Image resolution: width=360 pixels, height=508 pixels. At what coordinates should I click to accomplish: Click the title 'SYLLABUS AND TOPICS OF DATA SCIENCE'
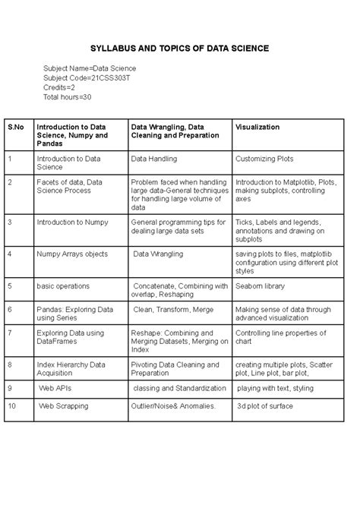179,48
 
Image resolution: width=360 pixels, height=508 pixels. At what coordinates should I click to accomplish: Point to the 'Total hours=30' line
68,97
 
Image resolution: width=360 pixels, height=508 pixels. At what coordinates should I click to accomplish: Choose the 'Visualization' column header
257,127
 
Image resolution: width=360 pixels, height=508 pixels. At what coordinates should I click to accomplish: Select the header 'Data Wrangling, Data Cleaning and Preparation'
175,131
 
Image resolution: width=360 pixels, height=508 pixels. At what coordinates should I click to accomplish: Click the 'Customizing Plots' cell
264,159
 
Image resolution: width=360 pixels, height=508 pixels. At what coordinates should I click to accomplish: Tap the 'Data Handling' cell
154,159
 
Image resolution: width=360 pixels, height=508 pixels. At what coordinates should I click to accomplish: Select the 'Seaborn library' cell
261,286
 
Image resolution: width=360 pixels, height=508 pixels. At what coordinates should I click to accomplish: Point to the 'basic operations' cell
63,286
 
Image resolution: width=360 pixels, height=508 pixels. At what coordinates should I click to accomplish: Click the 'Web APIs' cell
56,387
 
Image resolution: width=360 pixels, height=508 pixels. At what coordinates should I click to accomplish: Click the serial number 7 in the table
9,332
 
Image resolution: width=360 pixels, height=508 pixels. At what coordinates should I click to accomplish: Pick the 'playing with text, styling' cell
274,387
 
